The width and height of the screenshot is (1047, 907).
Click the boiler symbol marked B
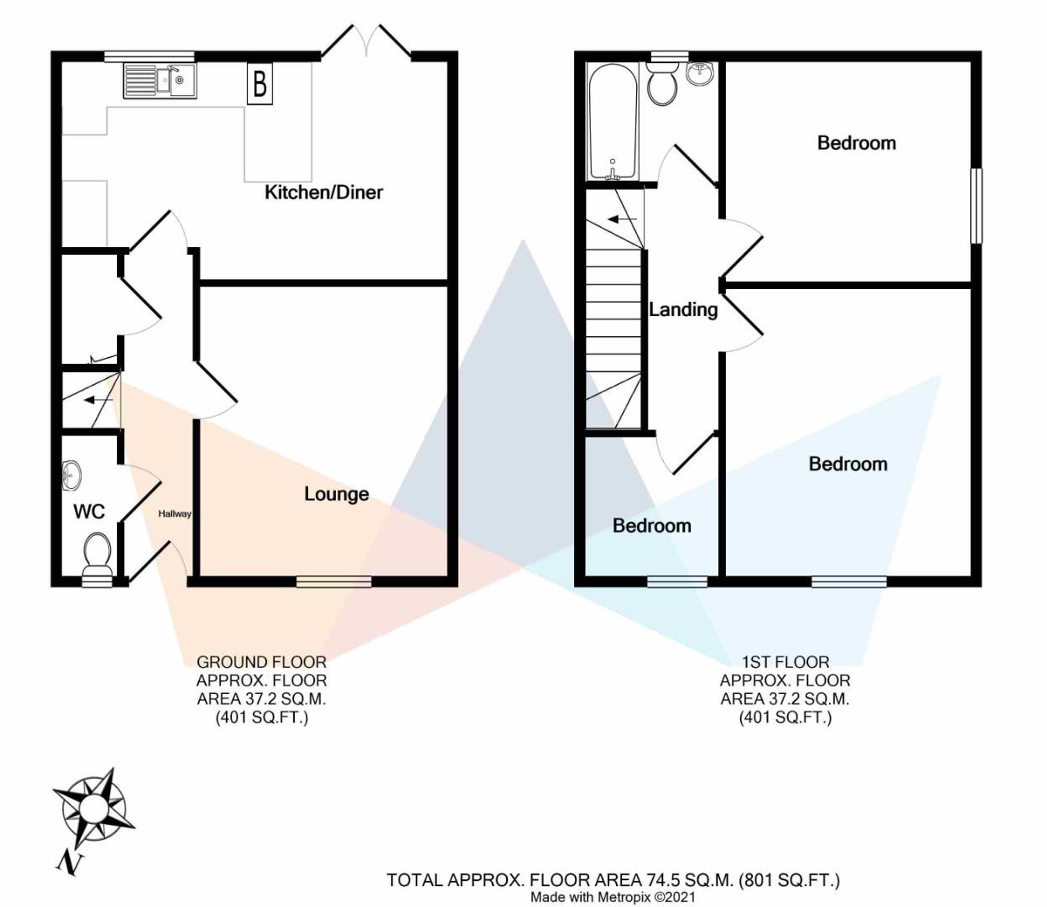260,84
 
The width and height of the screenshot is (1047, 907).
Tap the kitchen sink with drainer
160,81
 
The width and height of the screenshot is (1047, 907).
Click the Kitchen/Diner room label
324,192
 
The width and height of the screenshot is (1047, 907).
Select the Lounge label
337,494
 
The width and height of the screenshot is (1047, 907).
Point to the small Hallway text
175,514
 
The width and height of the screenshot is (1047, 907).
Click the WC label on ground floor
89,511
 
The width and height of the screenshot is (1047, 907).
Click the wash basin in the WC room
72,475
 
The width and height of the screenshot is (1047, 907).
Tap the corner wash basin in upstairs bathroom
699,74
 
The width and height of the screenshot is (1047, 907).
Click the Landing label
683,310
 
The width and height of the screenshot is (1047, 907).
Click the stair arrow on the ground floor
98,400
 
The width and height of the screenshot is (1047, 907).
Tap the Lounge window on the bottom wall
334,581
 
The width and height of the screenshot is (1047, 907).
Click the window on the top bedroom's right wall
976,205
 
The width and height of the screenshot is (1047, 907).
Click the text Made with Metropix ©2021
612,897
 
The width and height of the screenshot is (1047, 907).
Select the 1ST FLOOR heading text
785,662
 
